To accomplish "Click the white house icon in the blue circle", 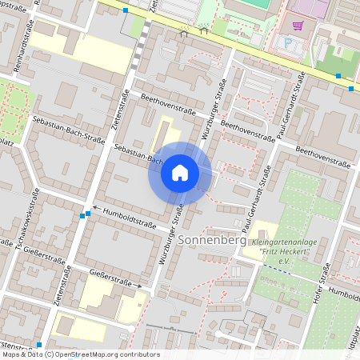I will point(180,172).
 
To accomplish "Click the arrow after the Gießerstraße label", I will point(138,285).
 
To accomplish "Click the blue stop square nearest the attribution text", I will point(38,345).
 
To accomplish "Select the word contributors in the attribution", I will point(138,354).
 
